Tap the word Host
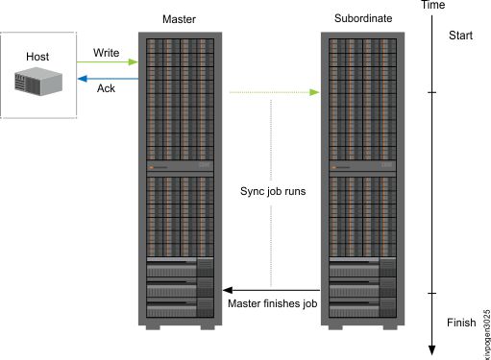[x=37, y=57]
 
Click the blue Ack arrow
[x=108, y=79]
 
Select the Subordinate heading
[x=361, y=19]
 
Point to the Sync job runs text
[x=273, y=191]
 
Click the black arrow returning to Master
[x=272, y=289]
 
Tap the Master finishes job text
[x=272, y=304]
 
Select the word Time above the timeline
[x=433, y=7]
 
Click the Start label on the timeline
[x=462, y=36]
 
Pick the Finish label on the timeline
[x=463, y=322]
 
